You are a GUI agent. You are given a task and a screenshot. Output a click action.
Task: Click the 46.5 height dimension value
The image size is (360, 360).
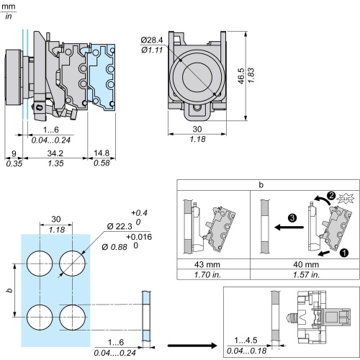[x=241, y=76]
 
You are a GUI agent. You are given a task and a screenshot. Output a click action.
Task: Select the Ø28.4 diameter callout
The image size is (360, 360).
[x=152, y=40]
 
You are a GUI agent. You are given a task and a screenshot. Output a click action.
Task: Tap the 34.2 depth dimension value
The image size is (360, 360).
[x=55, y=153]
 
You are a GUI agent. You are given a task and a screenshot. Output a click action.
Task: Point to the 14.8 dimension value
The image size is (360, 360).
[x=102, y=153]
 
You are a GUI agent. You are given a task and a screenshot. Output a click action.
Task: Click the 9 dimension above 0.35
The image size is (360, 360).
[x=14, y=153]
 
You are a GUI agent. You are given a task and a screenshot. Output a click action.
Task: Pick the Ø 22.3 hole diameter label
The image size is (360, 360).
[x=120, y=226]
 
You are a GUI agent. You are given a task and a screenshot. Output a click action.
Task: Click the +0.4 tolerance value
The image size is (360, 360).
[x=139, y=213]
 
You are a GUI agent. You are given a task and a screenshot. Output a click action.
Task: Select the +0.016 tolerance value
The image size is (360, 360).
[x=139, y=237]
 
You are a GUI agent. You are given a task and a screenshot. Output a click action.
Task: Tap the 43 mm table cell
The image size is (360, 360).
[x=207, y=264]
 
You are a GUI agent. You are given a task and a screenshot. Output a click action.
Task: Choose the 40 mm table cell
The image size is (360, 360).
[x=306, y=264]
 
